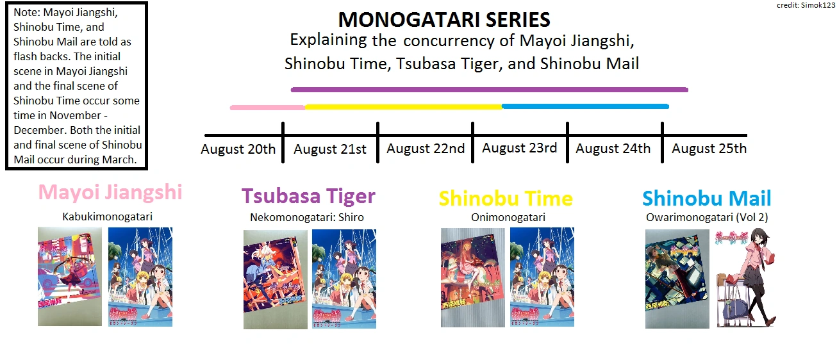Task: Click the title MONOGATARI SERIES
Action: tap(444, 20)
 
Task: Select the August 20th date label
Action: tap(238, 149)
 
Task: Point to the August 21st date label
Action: tap(330, 149)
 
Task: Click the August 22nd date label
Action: tap(426, 149)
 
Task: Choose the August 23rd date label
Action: tap(519, 148)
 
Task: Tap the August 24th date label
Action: tap(613, 149)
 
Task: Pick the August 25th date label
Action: tap(709, 149)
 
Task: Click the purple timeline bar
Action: tap(489, 90)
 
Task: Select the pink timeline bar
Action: tap(267, 107)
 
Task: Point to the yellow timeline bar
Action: tap(403, 106)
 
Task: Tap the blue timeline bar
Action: tap(585, 106)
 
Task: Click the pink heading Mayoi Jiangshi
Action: tap(110, 192)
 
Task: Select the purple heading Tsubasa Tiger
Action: tap(308, 196)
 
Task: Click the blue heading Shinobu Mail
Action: tap(706, 198)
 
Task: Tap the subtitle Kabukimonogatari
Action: tap(108, 217)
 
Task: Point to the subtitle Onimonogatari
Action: tap(508, 217)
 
